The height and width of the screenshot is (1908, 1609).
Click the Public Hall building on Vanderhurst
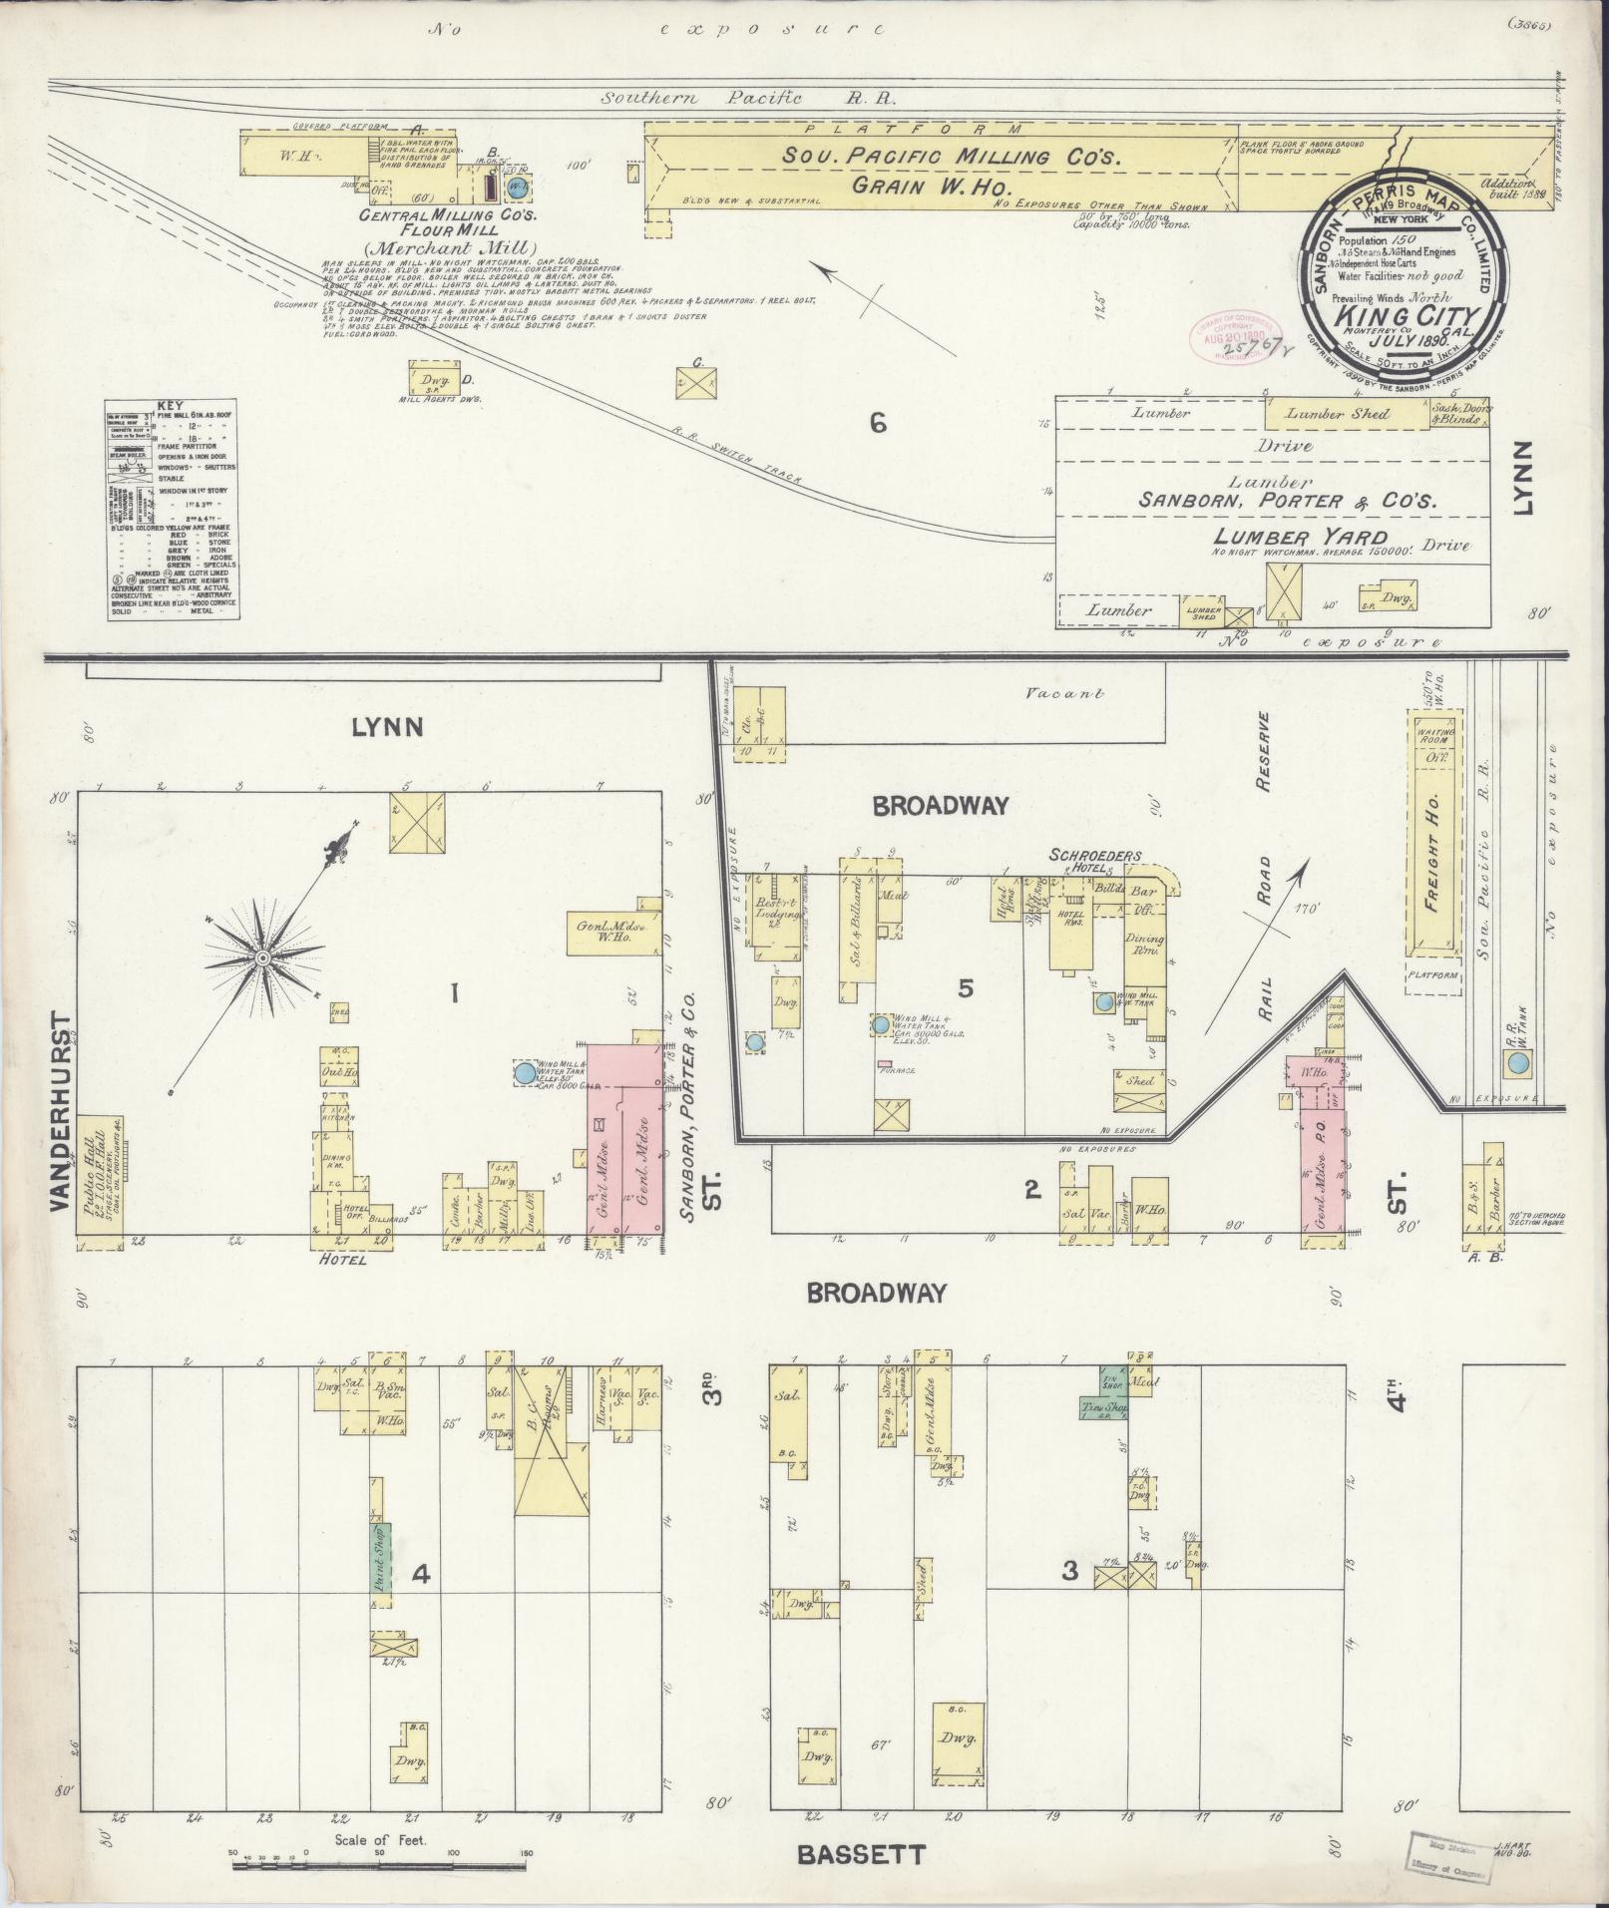coord(99,1180)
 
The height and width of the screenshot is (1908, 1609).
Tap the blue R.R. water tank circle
coord(1517,1063)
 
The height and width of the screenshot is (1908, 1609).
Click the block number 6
coord(877,424)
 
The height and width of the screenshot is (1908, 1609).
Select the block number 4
coord(421,1574)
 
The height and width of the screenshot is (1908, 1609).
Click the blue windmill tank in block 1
coord(525,1073)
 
